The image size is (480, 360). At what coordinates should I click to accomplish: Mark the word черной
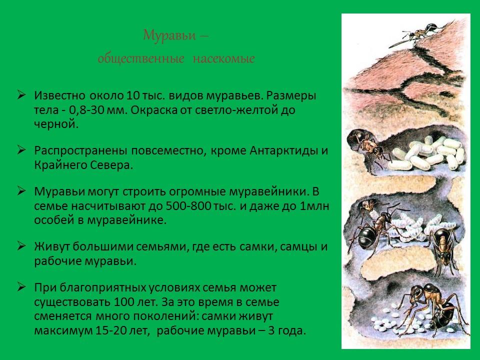tap(56, 124)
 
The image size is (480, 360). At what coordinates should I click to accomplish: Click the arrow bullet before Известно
tap(21, 94)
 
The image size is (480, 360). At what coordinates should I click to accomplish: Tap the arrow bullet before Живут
tap(21, 246)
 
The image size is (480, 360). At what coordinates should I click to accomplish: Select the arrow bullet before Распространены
tap(21, 150)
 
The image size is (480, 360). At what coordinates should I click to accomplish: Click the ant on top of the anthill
tap(413, 36)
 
